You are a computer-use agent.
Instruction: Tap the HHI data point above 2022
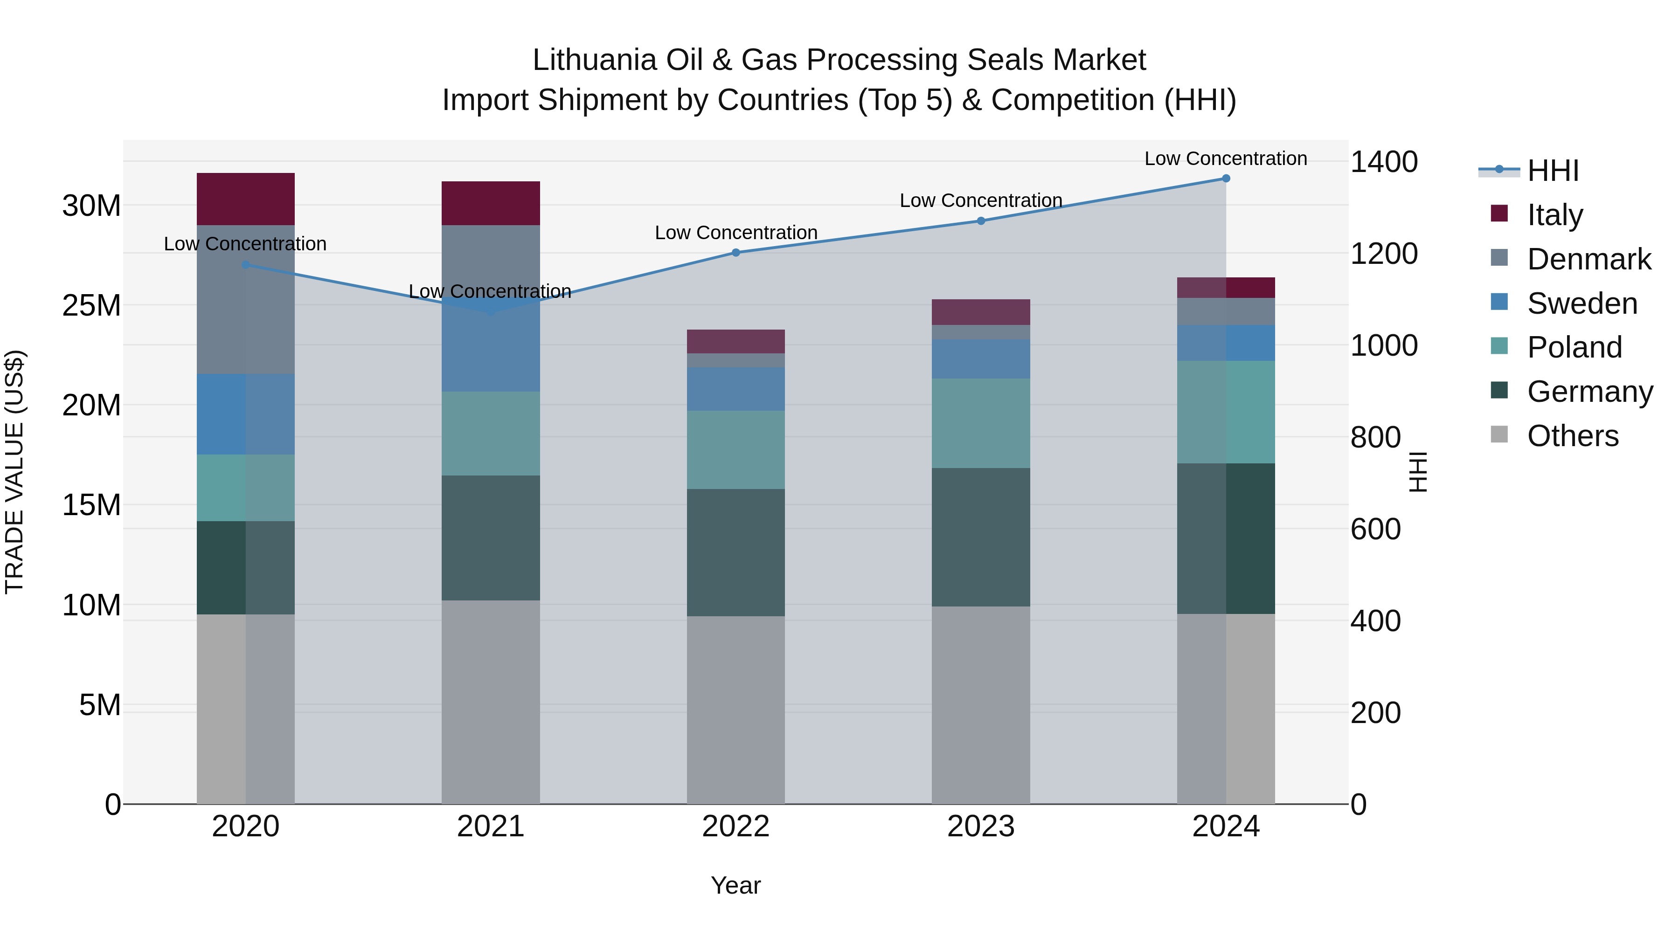click(x=736, y=253)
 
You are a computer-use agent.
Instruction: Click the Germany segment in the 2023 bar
click(x=980, y=537)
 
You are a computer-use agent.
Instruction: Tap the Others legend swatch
click(x=1499, y=434)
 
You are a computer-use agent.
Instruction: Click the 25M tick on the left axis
click(x=91, y=305)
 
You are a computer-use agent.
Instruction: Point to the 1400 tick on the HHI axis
click(x=1384, y=162)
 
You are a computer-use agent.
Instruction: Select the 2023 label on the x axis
click(x=980, y=827)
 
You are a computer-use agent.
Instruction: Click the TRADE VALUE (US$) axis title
click(x=14, y=472)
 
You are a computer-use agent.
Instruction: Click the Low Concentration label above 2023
click(x=980, y=200)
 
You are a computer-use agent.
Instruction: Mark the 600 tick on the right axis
click(x=1375, y=529)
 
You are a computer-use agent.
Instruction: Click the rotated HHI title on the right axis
click(x=1417, y=472)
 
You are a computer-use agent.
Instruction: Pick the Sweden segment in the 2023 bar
click(x=980, y=359)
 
